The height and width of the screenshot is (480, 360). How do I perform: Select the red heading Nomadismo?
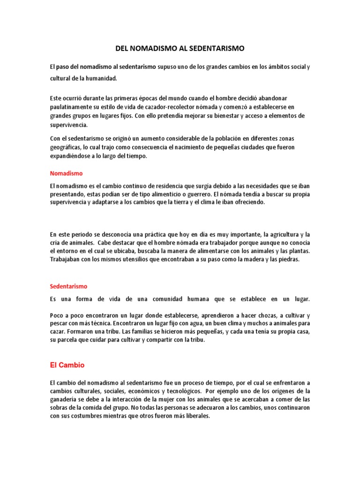(x=66, y=173)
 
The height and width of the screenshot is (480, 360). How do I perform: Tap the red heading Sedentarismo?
(x=68, y=286)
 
